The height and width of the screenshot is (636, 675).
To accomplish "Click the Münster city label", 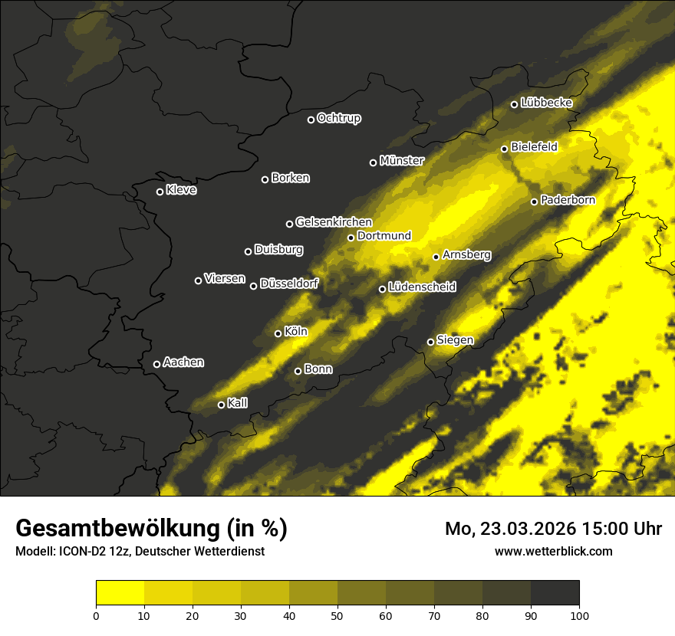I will pyautogui.click(x=401, y=161).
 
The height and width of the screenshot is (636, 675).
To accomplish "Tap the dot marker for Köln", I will pyautogui.click(x=278, y=333).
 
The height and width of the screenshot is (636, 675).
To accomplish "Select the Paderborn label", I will pyautogui.click(x=568, y=200).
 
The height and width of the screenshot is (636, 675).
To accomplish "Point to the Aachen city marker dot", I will pyautogui.click(x=156, y=364).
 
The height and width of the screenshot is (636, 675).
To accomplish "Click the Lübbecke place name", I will pyautogui.click(x=546, y=103).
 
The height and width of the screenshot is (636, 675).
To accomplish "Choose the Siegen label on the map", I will pyautogui.click(x=455, y=340).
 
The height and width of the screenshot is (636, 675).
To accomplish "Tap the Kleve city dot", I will pyautogui.click(x=160, y=192).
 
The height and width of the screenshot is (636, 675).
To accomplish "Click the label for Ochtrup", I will pyautogui.click(x=338, y=118).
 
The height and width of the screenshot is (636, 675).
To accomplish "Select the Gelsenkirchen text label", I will pyautogui.click(x=334, y=222).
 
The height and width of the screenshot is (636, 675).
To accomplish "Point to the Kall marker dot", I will pyautogui.click(x=221, y=405).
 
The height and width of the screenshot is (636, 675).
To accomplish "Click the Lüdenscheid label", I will pyautogui.click(x=422, y=287).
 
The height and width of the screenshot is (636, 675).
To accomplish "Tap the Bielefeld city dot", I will pyautogui.click(x=504, y=149).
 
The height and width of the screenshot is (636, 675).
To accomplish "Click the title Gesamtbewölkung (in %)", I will pyautogui.click(x=151, y=529).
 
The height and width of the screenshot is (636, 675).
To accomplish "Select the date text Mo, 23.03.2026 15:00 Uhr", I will pyautogui.click(x=553, y=529).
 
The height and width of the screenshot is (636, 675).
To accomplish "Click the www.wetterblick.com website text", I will pyautogui.click(x=553, y=551).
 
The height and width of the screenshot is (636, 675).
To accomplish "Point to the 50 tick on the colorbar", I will pyautogui.click(x=337, y=615).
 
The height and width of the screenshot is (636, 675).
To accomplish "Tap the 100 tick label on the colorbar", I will pyautogui.click(x=579, y=615).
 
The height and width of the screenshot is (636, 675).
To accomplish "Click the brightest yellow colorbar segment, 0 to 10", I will pyautogui.click(x=120, y=593).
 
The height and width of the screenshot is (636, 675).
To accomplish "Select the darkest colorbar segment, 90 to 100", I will pyautogui.click(x=555, y=593).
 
